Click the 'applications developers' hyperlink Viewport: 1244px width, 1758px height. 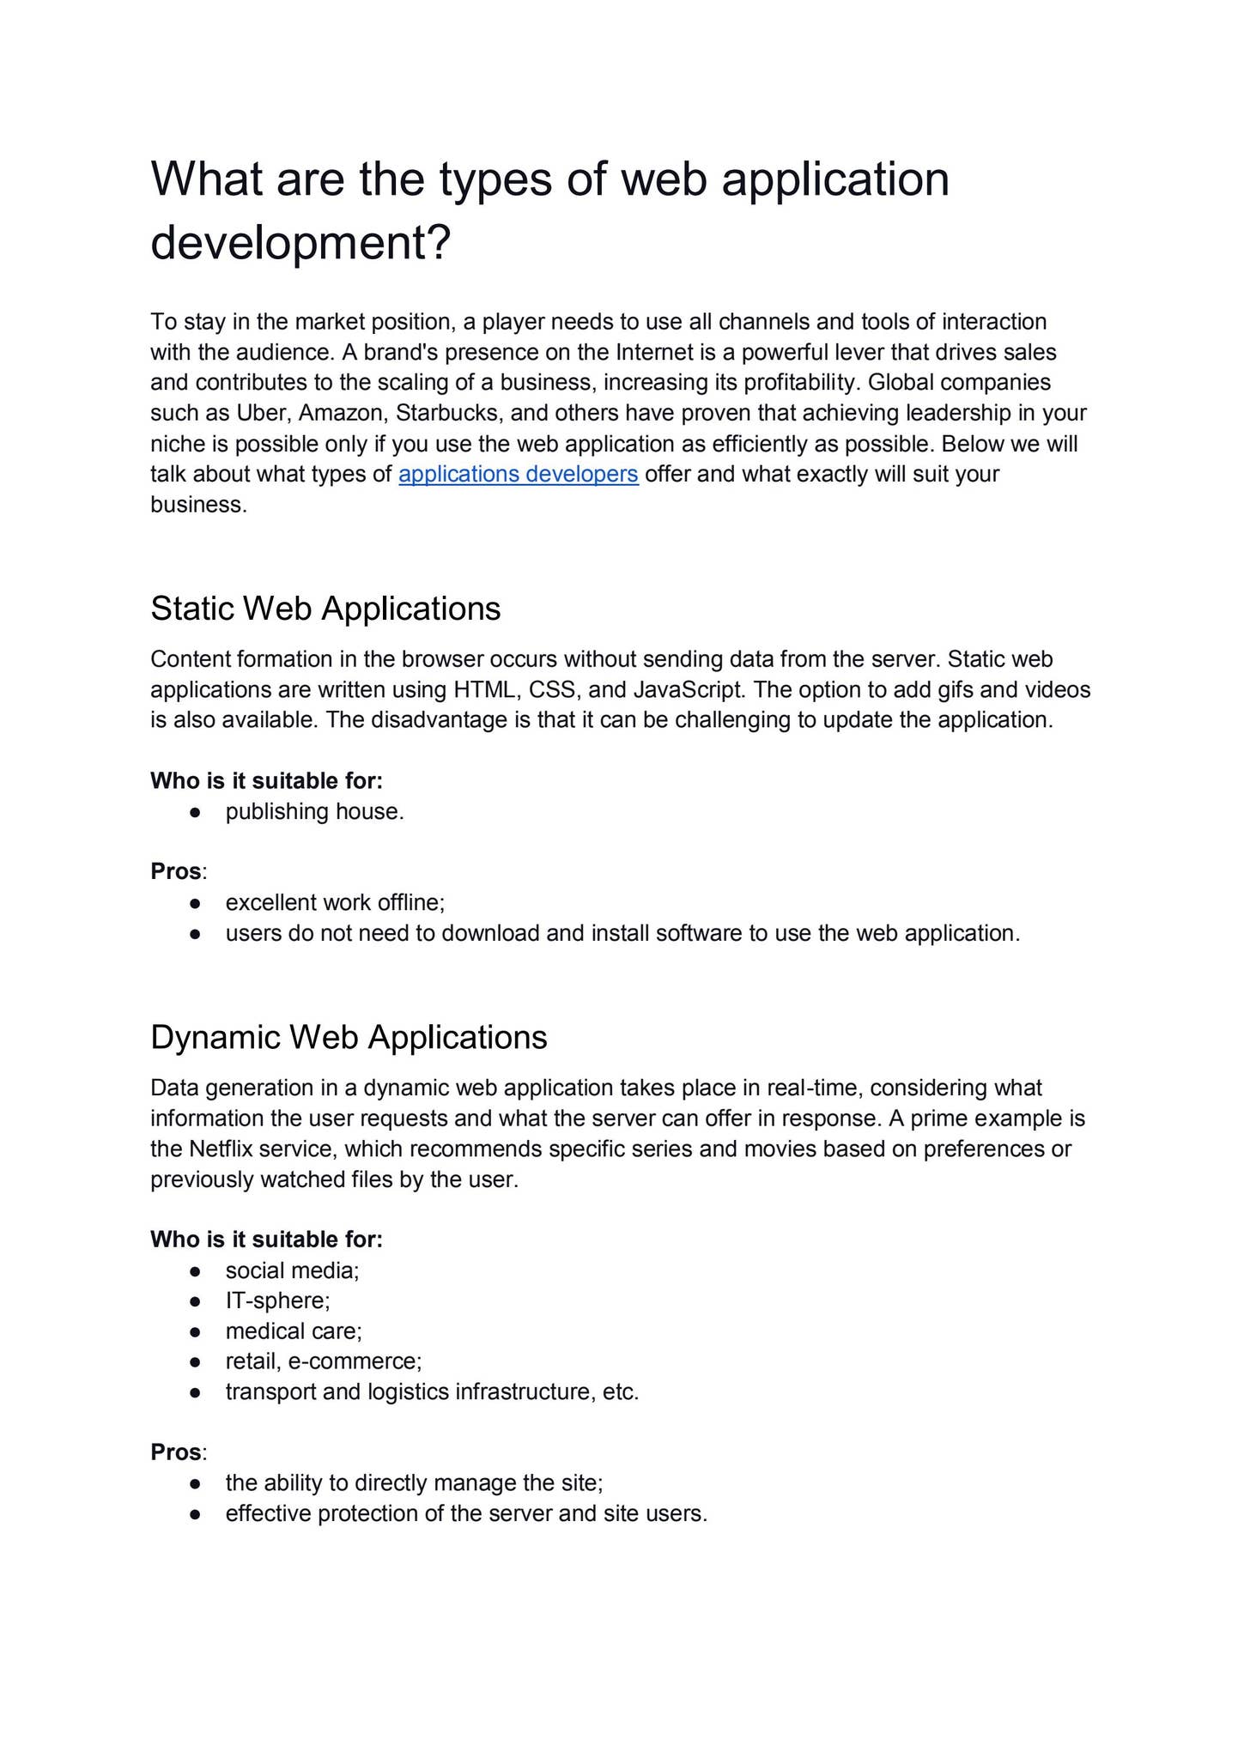coord(518,474)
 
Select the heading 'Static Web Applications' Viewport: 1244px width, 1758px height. coord(325,609)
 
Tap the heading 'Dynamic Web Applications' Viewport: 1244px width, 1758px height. coord(349,1037)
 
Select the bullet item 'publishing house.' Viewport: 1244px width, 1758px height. coord(314,811)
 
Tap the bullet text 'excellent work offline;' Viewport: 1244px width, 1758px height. coord(335,902)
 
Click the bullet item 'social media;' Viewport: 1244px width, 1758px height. coord(292,1270)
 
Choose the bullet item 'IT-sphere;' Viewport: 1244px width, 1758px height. coord(277,1300)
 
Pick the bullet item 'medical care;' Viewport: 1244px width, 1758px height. coord(294,1331)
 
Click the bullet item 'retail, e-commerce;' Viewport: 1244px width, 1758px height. coord(324,1361)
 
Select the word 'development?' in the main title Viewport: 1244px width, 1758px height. coord(300,243)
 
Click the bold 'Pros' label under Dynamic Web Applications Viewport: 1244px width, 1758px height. coord(176,1452)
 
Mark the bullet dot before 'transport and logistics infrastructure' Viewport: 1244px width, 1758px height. coord(196,1392)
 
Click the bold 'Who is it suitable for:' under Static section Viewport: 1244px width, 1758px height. coord(266,780)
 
